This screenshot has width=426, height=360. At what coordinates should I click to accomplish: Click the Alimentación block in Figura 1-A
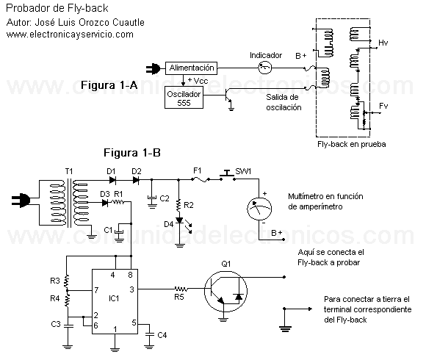click(x=191, y=68)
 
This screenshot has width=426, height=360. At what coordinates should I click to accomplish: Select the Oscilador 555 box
click(x=184, y=98)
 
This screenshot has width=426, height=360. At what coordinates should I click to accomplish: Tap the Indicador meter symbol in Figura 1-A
click(x=264, y=68)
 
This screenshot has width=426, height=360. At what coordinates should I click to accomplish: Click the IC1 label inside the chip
click(x=114, y=298)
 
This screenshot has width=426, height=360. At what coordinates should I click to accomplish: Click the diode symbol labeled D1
click(x=112, y=179)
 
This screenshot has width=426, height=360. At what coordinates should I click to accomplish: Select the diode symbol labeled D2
click(x=136, y=179)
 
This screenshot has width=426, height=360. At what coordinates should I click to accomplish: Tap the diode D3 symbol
click(x=105, y=203)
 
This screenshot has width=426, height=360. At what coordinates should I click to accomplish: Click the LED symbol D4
click(x=179, y=220)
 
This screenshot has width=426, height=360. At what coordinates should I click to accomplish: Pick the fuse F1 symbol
click(x=201, y=179)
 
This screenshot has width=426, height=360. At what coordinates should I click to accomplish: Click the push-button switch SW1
click(x=228, y=176)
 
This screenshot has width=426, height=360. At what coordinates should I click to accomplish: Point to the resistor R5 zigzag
click(x=181, y=289)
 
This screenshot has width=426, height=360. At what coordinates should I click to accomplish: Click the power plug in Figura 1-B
click(x=21, y=201)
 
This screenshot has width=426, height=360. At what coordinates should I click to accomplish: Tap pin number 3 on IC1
click(x=131, y=289)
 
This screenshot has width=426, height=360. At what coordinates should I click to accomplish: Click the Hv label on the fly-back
click(x=383, y=43)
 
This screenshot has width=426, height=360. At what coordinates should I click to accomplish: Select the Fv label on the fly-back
click(x=383, y=106)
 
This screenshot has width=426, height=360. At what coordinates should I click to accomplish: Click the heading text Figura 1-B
click(x=132, y=153)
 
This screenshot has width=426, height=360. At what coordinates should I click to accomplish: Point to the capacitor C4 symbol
click(x=149, y=335)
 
